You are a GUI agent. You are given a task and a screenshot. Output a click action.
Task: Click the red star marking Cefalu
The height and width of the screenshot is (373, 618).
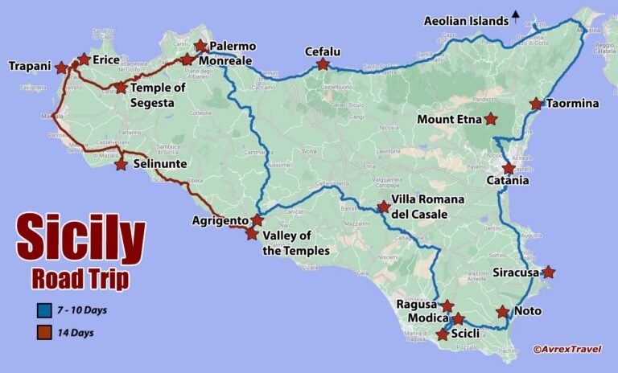pyautogui.click(x=323, y=64)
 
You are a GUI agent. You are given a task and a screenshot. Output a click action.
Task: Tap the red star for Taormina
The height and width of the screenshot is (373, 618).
pyautogui.click(x=536, y=104)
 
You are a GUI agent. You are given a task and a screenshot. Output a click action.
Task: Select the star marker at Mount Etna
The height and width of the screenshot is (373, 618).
pyautogui.click(x=491, y=120)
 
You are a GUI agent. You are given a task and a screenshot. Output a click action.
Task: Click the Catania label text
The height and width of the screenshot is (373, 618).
pyautogui.click(x=508, y=181)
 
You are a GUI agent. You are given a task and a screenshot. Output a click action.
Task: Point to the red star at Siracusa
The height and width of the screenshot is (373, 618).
pyautogui.click(x=548, y=273)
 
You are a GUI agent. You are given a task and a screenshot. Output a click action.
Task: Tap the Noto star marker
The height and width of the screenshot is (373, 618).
pyautogui.click(x=503, y=312)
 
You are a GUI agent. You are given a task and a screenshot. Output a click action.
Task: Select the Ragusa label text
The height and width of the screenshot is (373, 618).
pyautogui.click(x=416, y=305)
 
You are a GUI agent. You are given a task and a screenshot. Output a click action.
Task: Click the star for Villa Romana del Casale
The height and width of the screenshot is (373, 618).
pyautogui.click(x=384, y=207)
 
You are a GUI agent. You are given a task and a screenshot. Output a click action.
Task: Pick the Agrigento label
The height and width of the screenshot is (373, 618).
pyautogui.click(x=220, y=220)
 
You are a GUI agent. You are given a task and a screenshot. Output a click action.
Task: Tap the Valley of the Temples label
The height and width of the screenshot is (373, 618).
pyautogui.click(x=296, y=243)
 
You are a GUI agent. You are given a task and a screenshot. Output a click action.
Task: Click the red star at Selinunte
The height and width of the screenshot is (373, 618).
pyautogui.click(x=121, y=165)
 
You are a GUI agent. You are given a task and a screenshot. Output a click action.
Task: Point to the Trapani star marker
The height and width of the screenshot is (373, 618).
pyautogui.click(x=61, y=68)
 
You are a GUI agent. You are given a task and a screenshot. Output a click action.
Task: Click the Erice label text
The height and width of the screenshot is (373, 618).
pyautogui.click(x=106, y=59)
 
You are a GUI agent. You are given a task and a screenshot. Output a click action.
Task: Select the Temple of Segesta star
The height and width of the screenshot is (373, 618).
pyautogui.click(x=121, y=88)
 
